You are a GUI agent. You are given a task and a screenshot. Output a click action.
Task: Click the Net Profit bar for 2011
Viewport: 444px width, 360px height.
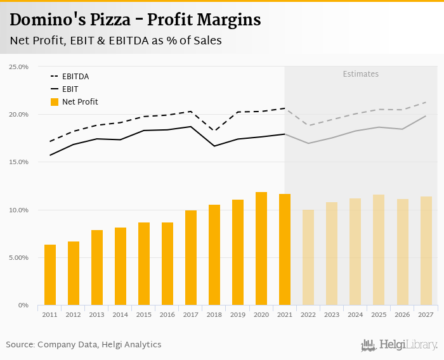pos(50,275)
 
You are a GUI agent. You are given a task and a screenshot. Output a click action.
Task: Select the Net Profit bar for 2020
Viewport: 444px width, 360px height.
pos(261,248)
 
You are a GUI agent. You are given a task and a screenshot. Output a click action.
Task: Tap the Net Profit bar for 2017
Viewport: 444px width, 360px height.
pos(191,258)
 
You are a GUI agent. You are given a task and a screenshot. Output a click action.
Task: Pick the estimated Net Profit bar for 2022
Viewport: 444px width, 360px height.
pos(308,257)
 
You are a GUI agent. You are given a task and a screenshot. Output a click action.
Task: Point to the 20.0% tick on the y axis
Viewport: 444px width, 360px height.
pos(18,115)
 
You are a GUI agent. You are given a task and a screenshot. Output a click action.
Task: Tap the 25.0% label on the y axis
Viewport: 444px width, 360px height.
pos(18,67)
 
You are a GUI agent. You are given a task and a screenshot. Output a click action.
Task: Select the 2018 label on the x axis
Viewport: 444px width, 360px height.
pos(214,314)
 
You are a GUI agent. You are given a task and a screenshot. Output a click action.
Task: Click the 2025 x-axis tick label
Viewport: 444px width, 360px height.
pos(379,314)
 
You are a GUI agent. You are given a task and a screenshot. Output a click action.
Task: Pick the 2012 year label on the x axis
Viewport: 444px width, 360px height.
pos(74,314)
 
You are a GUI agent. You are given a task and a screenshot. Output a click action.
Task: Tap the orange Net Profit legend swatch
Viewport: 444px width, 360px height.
pos(55,102)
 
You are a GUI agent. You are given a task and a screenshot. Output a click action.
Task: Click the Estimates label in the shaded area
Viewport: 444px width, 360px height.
pos(361,74)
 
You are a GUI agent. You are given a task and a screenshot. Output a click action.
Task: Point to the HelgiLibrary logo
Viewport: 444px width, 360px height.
pos(400,345)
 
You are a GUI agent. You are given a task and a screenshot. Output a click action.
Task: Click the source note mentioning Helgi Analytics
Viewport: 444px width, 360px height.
pos(84,345)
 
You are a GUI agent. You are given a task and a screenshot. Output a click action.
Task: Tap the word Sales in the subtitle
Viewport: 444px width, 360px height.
pos(202,41)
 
